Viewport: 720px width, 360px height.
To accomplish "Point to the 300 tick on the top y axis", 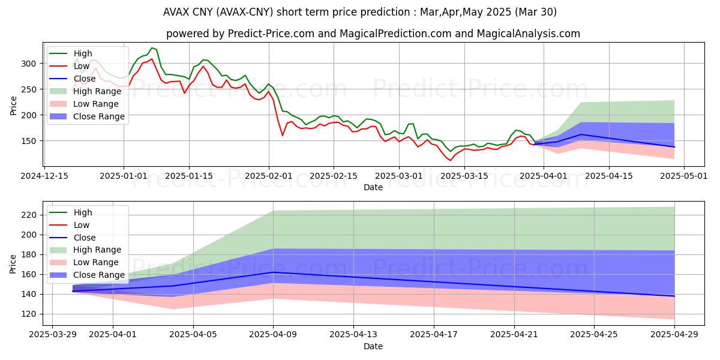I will coord(32,64).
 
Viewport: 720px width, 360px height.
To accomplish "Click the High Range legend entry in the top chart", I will coord(97,91).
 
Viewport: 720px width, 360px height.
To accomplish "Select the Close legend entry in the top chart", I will coord(85,79).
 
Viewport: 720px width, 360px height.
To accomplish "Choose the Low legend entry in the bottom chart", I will coord(81,225).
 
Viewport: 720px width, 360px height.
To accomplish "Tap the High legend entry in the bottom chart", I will coord(82,212).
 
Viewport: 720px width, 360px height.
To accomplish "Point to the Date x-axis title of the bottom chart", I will coord(373,346).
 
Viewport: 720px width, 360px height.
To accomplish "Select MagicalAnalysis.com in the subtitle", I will coord(528,34).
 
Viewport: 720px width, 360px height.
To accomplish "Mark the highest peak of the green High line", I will coord(152,47).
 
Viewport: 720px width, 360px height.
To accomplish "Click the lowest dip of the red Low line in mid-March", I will coord(450,160).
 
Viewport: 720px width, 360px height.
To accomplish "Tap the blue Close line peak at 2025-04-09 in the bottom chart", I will coord(274,272).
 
